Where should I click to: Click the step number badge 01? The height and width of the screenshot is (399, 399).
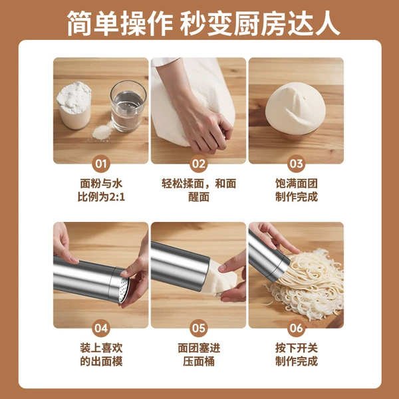click(x=101, y=164)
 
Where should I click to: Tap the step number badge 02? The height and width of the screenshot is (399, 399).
click(x=198, y=164)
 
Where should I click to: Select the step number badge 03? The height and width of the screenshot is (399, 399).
click(x=296, y=164)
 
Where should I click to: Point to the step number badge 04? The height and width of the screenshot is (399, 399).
click(x=101, y=329)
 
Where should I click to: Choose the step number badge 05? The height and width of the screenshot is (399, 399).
click(x=198, y=329)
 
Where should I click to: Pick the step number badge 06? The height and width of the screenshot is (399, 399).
click(x=296, y=329)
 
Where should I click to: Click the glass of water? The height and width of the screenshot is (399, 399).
click(x=128, y=106)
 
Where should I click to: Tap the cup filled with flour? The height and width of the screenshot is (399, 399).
click(x=74, y=105)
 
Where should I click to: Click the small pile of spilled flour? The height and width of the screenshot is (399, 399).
click(x=102, y=131)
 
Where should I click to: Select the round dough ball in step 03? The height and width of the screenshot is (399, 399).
click(x=295, y=108)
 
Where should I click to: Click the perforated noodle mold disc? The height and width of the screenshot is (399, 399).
click(x=124, y=290)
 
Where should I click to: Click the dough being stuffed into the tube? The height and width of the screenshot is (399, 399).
click(x=219, y=279)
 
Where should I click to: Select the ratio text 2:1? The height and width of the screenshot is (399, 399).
click(x=117, y=198)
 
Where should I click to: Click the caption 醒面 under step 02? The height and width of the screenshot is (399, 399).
click(x=199, y=198)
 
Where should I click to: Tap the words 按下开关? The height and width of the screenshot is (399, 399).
click(x=297, y=348)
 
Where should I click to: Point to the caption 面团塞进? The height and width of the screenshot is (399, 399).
click(x=199, y=348)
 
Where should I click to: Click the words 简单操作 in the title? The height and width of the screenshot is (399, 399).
click(x=120, y=23)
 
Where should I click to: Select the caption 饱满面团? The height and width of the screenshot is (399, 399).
click(x=297, y=184)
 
